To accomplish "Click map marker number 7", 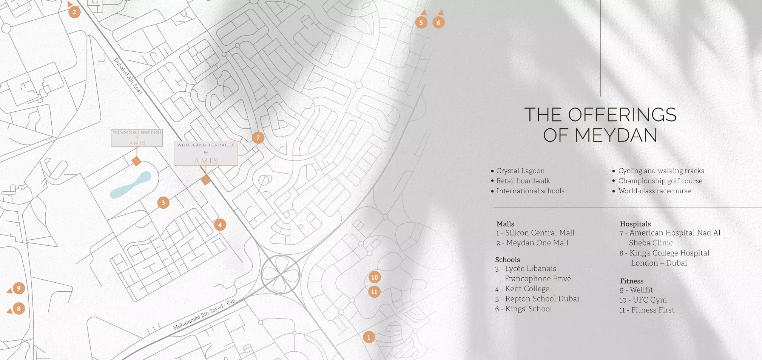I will tap(258, 138).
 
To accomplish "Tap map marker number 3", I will tap(163, 203).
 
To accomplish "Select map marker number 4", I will tap(220, 225).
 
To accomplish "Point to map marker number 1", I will tap(369, 337).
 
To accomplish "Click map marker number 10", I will tap(375, 277).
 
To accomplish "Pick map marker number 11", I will tap(374, 292).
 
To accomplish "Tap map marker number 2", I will tap(74, 12).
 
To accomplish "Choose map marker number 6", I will tap(438, 23).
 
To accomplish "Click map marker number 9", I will tap(19, 288).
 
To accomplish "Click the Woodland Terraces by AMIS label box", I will tap(206, 153).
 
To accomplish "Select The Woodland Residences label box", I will tap(137, 138).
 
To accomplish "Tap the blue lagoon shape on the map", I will tap(131, 185).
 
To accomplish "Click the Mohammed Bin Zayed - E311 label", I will tap(205, 314).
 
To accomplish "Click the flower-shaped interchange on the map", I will tap(281, 274).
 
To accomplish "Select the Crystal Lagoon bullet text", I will tap(520, 171).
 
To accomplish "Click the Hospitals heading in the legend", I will tap(636, 224).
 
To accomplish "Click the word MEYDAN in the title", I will tap(616, 135).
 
